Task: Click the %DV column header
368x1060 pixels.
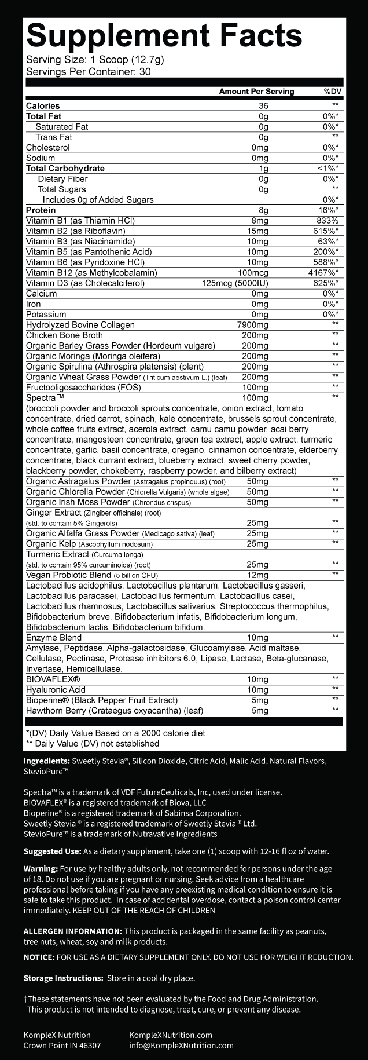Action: tap(333, 91)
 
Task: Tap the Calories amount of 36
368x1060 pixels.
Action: tap(263, 106)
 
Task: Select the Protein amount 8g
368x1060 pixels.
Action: tap(264, 210)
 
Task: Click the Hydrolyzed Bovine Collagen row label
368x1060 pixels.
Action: tap(80, 325)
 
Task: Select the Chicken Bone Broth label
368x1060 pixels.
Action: tap(64, 335)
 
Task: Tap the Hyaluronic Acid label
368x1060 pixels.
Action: tap(56, 690)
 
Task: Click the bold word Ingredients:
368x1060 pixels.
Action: tap(46, 761)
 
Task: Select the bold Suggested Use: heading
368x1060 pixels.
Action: tap(52, 851)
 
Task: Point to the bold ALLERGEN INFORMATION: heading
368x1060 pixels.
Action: tap(72, 931)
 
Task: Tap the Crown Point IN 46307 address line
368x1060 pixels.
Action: tap(62, 1046)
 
